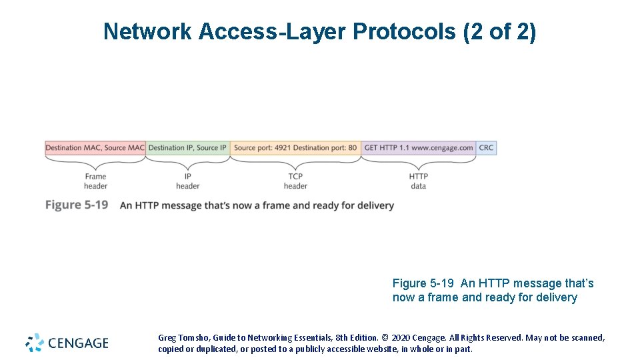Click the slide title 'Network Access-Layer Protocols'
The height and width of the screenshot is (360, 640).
pos(280,31)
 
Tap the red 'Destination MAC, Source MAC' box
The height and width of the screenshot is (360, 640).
pos(95,148)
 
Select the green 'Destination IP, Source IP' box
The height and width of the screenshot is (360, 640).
pos(187,148)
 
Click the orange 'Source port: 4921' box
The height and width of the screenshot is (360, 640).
pos(295,148)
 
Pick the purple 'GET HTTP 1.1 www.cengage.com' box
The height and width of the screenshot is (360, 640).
pos(418,148)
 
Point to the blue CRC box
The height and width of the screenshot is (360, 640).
pos(487,148)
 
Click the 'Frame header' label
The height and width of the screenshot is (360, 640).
pos(95,181)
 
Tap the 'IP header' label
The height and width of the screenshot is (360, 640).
pos(187,181)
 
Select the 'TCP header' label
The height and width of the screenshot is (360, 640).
pos(295,181)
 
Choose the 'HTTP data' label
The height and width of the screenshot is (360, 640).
pos(418,181)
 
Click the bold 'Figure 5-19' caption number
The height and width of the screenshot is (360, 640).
pos(77,205)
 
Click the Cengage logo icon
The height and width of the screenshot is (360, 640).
pos(35,343)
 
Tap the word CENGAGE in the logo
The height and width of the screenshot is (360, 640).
pos(77,343)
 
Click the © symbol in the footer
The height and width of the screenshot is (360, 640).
pos(385,338)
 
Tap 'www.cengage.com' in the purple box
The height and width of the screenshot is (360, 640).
pos(442,148)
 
